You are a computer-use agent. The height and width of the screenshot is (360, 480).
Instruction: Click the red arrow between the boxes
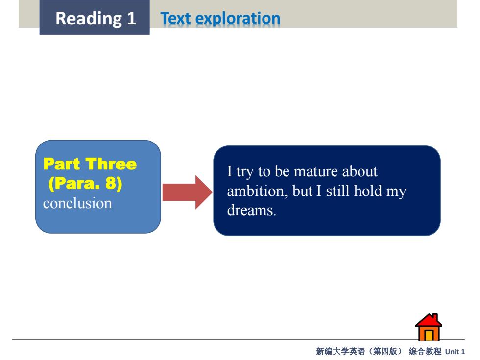(187, 192)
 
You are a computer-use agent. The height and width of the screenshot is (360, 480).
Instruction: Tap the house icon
(428, 327)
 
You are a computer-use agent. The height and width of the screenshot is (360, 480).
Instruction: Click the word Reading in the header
(89, 19)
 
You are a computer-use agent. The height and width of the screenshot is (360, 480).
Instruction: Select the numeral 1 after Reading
(132, 18)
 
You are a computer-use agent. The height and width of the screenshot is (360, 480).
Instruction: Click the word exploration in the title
(238, 19)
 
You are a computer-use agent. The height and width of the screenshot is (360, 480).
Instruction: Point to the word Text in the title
(176, 18)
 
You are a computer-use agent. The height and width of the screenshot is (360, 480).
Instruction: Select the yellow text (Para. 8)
(85, 184)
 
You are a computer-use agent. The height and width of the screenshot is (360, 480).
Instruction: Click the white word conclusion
(77, 203)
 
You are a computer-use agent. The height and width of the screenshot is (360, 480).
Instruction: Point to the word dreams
(251, 210)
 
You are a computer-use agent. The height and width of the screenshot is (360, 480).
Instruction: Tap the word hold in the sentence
(368, 191)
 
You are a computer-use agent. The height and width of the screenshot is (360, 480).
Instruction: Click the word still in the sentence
(337, 191)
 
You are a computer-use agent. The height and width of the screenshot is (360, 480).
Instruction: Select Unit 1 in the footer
(455, 352)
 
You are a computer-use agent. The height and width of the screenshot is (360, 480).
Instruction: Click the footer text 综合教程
(425, 351)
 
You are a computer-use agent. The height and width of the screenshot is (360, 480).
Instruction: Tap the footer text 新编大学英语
(340, 351)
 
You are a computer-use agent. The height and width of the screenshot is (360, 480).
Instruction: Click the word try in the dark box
(244, 172)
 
